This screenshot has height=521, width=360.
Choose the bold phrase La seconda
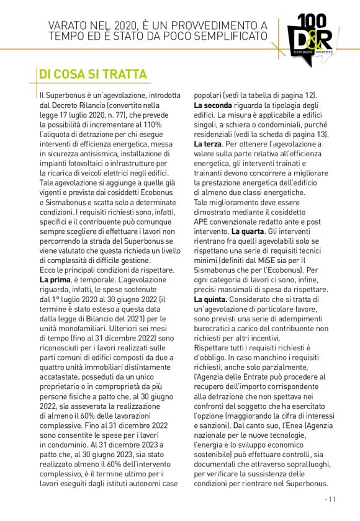tap(213, 105)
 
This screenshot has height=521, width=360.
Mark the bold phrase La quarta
tap(247, 231)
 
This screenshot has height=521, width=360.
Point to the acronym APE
tap(201, 221)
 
